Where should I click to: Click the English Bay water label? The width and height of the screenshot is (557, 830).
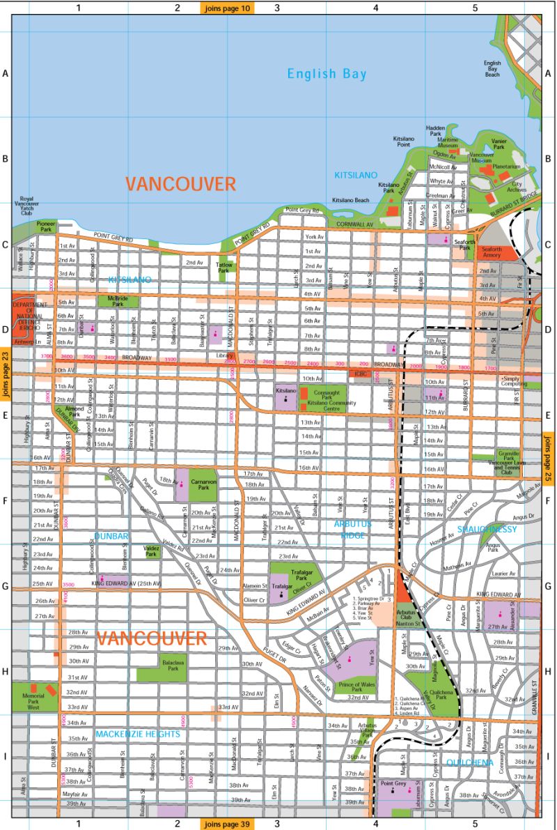pos(327,74)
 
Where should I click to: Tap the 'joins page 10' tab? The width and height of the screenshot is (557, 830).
pos(228,8)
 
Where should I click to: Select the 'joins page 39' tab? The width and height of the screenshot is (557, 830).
pos(228,824)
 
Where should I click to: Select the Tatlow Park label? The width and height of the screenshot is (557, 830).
pos(223,267)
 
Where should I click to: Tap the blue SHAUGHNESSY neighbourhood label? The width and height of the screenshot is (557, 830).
pos(487,530)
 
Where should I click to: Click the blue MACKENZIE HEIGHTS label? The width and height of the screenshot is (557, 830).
pos(138,734)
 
